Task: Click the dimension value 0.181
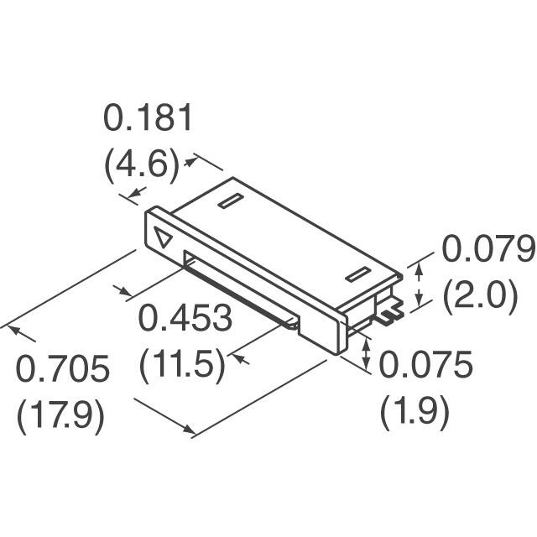149,119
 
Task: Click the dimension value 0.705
65,369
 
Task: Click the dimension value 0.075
426,365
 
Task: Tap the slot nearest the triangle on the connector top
229,202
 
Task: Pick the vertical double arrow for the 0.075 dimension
365,353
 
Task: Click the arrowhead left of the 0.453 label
126,293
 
